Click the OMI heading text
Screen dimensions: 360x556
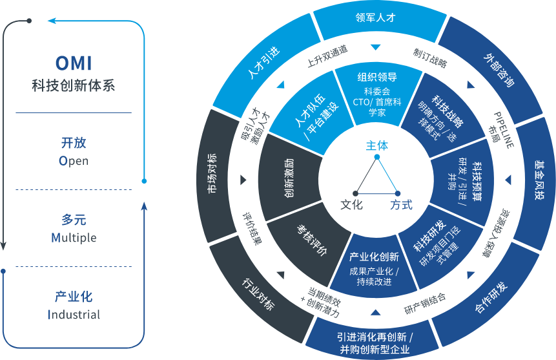pos(73,64)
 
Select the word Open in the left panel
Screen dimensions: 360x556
pos(73,160)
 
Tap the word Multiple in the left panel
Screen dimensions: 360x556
pos(74,238)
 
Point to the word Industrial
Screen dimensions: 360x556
pos(74,315)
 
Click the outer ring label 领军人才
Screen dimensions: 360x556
pos(375,19)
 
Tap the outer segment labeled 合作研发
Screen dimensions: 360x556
pos(491,298)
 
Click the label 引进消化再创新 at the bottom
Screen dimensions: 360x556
pos(375,337)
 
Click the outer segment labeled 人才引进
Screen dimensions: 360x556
pos(264,64)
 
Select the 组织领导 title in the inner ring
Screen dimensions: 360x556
pos(377,78)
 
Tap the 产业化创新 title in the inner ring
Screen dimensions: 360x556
pos(374,257)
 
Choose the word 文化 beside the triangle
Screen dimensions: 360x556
pos(351,205)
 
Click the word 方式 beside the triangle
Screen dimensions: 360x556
pos(401,205)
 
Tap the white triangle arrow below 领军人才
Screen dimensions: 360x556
pos(375,47)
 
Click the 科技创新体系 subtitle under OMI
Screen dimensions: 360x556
pos(73,86)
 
